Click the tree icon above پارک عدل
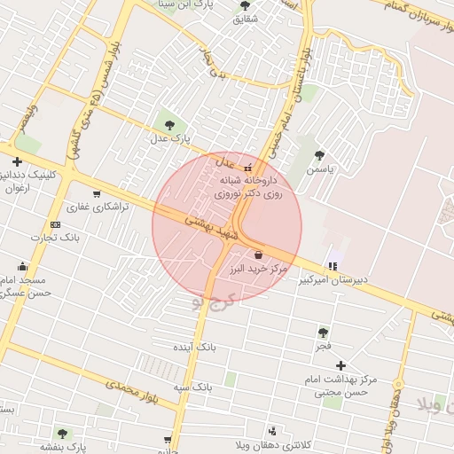(x=168, y=123)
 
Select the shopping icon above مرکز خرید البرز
(x=258, y=254)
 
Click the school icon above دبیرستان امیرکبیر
(x=333, y=264)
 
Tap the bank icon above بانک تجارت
(x=56, y=224)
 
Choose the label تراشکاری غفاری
(x=100, y=206)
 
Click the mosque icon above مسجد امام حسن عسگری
(x=23, y=265)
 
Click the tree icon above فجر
(x=323, y=333)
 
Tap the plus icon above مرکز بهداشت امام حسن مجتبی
(x=340, y=365)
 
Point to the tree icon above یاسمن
(x=319, y=155)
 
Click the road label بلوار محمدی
(x=129, y=387)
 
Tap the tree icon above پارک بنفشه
(x=62, y=434)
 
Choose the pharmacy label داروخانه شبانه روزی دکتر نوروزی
(x=248, y=186)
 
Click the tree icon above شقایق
(x=246, y=5)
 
